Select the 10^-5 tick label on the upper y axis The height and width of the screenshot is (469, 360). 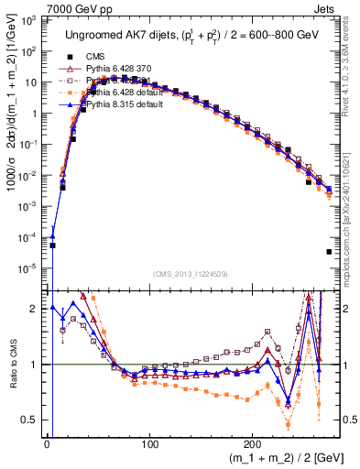(x=30, y=268)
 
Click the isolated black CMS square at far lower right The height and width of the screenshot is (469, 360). (x=328, y=251)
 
